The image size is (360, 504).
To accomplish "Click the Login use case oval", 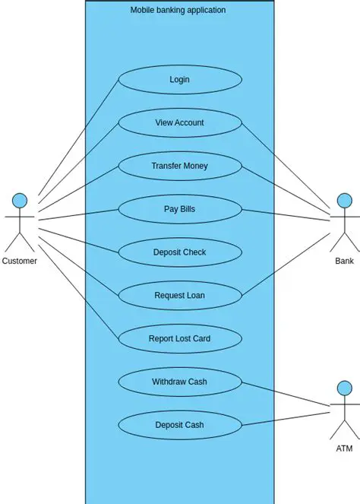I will [x=179, y=79].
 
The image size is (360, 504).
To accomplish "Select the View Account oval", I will [x=179, y=122].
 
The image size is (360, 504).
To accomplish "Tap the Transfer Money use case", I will [x=179, y=166].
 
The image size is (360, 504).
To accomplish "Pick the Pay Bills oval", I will [x=179, y=209].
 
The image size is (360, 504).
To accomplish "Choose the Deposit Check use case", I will [x=179, y=252].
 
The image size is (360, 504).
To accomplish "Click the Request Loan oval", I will [x=179, y=296].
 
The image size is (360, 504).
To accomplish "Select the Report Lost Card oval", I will [x=179, y=339].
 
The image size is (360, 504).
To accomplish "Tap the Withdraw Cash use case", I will [x=179, y=382].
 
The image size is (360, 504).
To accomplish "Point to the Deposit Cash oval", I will [x=179, y=425].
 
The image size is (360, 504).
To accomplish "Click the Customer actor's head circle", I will [x=20, y=201].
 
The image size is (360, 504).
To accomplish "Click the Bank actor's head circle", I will [x=344, y=201].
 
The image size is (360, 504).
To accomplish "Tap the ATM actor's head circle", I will [x=344, y=388].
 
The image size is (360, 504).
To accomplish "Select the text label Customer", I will [x=20, y=261].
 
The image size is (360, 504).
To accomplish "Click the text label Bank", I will [x=344, y=261].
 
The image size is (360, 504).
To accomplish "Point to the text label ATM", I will [x=344, y=449].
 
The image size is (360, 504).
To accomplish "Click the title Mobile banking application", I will [x=178, y=11].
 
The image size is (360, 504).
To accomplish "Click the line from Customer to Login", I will [x=76, y=138].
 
